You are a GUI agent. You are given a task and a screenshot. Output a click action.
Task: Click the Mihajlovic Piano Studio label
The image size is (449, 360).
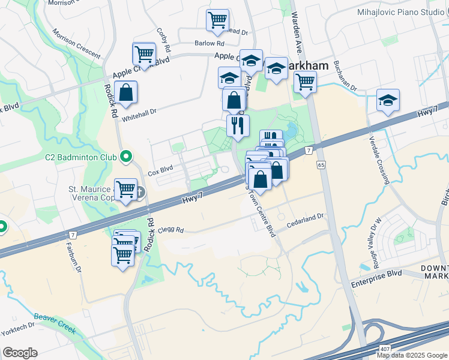[400, 12]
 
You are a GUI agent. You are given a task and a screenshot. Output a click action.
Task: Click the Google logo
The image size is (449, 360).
[20, 353]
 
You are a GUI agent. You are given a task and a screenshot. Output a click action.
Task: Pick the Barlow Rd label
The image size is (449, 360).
[209, 43]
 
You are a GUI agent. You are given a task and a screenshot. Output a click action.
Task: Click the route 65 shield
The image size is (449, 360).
[322, 164]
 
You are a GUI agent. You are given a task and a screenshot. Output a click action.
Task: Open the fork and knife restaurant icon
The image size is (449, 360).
[238, 125]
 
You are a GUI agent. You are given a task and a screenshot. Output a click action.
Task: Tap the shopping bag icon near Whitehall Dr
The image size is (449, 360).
[125, 93]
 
